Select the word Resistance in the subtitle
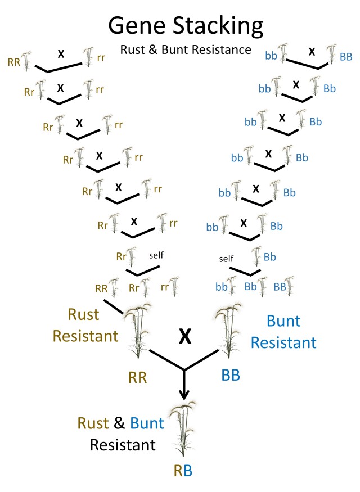point(224,49)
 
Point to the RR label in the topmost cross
point(14,61)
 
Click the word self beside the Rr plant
point(156,255)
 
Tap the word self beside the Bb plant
point(226,259)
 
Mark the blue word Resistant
point(283,342)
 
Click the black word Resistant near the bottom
point(123,445)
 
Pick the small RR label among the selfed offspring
point(101,288)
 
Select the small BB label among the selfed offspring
point(280,286)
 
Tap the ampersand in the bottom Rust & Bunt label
point(119,423)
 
